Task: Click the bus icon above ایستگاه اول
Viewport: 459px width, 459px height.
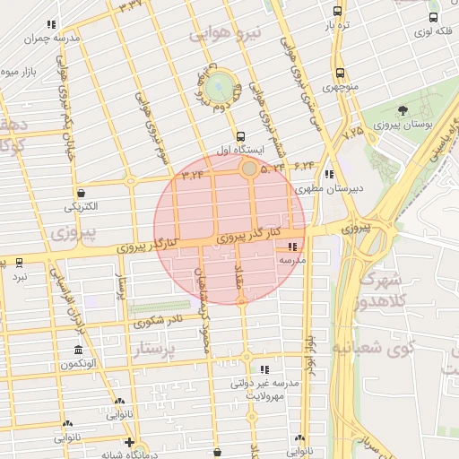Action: point(240,134)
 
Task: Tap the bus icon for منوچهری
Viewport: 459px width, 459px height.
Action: point(339,74)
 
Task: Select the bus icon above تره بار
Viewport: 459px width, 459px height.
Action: point(337,13)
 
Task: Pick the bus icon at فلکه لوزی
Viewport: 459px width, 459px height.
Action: point(434,16)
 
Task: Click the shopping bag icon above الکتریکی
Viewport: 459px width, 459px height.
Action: point(82,192)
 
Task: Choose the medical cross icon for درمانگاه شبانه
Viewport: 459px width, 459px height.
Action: point(131,443)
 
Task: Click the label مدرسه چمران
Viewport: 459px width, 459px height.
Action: point(48,39)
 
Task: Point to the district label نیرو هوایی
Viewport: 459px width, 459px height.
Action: point(228,34)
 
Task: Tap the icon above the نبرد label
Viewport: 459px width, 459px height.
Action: point(20,263)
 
